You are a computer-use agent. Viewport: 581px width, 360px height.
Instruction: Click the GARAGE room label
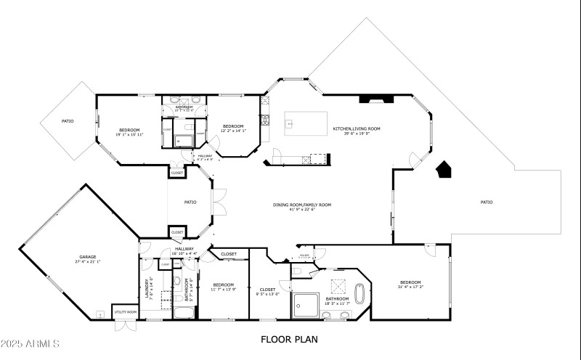click(x=87, y=257)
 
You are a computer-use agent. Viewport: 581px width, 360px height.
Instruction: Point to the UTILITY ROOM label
click(x=125, y=312)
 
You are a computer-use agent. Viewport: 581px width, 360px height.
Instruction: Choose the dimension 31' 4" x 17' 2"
click(x=410, y=287)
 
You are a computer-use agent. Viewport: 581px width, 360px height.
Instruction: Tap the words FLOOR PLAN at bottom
click(x=289, y=339)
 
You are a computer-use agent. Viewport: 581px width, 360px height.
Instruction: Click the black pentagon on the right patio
click(x=444, y=170)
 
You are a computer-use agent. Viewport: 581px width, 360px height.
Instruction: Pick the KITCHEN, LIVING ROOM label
click(x=357, y=128)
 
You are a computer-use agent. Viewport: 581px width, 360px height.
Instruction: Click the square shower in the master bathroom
click(x=306, y=306)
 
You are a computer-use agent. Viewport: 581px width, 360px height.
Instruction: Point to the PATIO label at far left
click(x=67, y=120)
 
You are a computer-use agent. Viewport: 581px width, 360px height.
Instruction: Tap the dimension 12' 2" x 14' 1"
click(x=234, y=131)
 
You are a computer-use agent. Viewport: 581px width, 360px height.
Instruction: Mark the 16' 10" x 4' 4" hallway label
click(x=184, y=253)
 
